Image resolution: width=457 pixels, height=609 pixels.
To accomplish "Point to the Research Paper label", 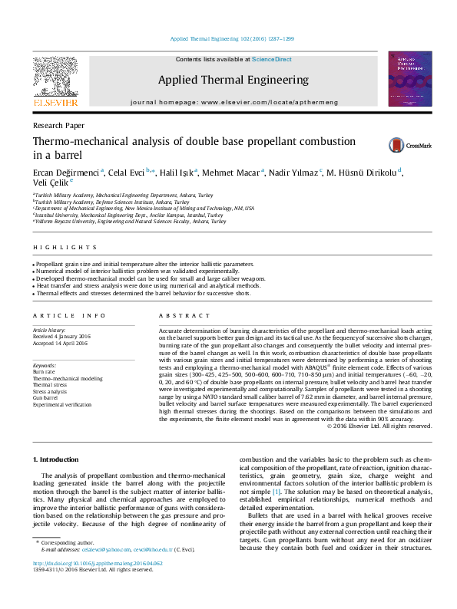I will coord(58,125).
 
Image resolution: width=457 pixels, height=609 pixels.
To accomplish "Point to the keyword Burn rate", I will coord(45,372).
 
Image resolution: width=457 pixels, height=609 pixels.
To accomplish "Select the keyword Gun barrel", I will coord(46,398).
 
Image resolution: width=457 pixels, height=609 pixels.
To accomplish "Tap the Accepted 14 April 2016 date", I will coord(61,342).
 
